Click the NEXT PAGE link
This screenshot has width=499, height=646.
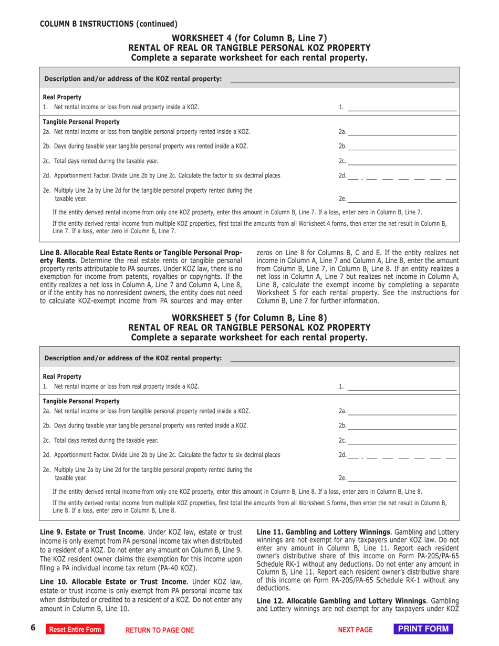[x=355, y=630]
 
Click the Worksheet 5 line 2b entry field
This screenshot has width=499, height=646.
[x=402, y=425]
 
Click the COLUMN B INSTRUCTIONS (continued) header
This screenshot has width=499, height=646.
[x=109, y=24]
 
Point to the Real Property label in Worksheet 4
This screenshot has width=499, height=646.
[x=62, y=97]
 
